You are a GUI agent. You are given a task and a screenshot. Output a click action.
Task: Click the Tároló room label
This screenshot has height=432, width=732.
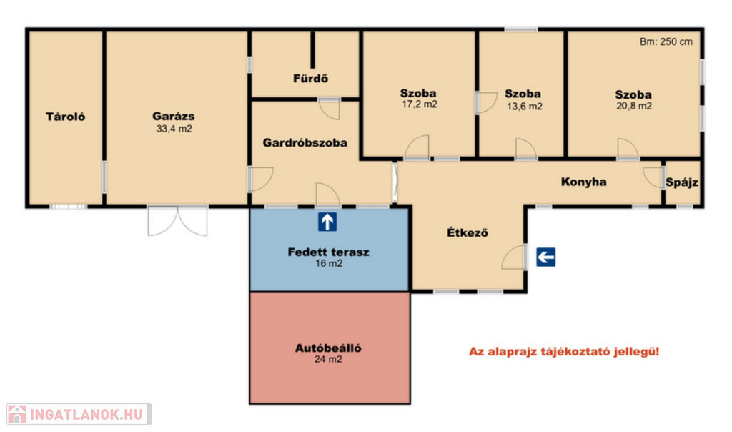pos(65,117)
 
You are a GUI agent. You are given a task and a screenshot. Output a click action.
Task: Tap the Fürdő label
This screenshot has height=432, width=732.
pos(310,79)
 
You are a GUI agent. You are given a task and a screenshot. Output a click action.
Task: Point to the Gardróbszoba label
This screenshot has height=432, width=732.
pos(305,143)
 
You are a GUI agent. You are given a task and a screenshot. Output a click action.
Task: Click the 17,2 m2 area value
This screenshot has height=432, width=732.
pos(419,104)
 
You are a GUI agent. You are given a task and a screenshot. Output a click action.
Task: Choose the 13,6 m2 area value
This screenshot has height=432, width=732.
pos(524,107)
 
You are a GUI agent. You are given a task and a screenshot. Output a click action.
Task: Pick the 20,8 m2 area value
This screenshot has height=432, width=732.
pos(634,106)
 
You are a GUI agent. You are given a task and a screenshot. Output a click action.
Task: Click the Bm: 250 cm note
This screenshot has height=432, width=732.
pos(666,41)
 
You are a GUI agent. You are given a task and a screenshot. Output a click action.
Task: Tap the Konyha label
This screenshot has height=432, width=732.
pos(583,182)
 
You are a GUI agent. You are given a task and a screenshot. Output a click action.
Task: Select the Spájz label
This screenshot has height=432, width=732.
pos(682,182)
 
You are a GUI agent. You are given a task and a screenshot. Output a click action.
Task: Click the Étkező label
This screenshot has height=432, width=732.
pos(468,232)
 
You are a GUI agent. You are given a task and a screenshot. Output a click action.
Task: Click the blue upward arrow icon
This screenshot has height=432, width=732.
pos(327,222)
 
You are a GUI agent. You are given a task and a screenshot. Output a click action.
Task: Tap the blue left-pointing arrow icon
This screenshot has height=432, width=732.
pos(545,257)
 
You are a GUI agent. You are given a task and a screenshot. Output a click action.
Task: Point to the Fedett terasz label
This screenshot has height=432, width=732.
pos(328,252)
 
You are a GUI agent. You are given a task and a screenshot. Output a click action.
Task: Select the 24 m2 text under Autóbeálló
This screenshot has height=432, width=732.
pos(328,359)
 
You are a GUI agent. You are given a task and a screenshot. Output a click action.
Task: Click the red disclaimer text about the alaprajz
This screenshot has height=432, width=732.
pos(564,352)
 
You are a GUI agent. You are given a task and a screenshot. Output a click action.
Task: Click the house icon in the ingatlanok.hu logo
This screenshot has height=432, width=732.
pos(17,414)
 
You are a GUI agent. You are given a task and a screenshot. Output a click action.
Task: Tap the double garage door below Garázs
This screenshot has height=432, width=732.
pos(177,221)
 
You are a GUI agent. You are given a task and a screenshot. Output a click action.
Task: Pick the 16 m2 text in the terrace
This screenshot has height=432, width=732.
pos(329,263)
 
